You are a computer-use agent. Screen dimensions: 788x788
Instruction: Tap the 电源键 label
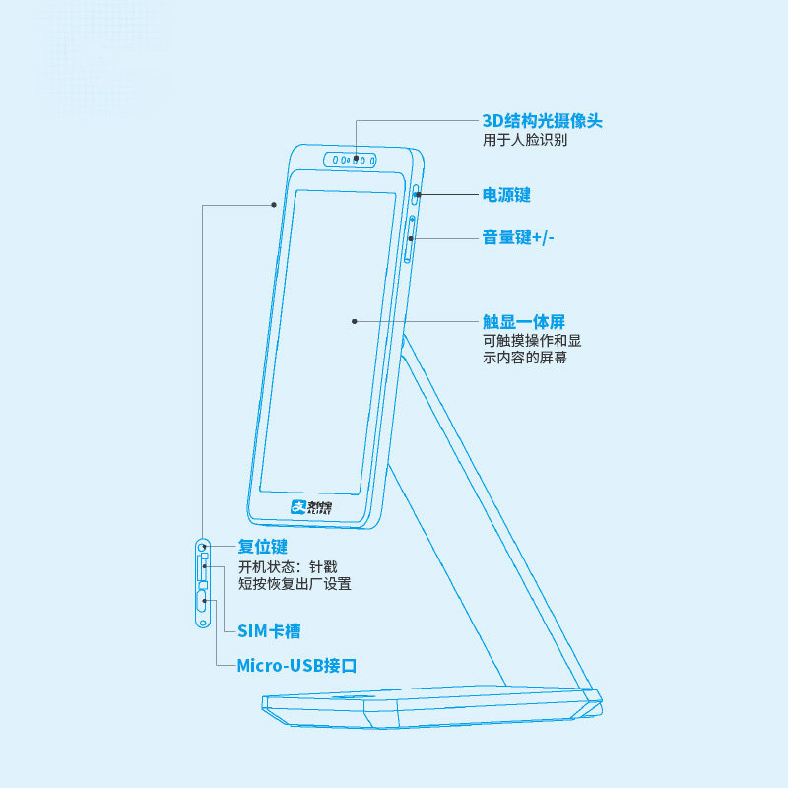506,195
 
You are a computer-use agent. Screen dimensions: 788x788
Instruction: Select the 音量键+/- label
518,237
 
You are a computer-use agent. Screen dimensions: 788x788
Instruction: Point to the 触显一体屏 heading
523,321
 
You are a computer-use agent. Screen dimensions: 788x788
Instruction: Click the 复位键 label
263,546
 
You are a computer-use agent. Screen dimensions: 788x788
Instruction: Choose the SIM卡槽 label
270,630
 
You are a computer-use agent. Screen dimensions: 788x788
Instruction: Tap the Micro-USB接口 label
296,665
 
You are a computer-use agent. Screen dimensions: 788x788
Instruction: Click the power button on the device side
417,194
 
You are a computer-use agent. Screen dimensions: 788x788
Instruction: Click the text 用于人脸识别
524,141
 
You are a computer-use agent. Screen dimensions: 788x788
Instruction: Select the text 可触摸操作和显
531,341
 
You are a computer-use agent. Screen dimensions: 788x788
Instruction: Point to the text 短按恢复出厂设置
295,584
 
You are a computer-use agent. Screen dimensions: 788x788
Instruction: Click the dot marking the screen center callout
354,321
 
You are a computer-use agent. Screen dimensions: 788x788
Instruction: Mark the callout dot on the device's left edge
274,205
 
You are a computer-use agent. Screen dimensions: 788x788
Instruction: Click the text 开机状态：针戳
288,566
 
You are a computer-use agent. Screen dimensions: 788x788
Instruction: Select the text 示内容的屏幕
524,359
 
